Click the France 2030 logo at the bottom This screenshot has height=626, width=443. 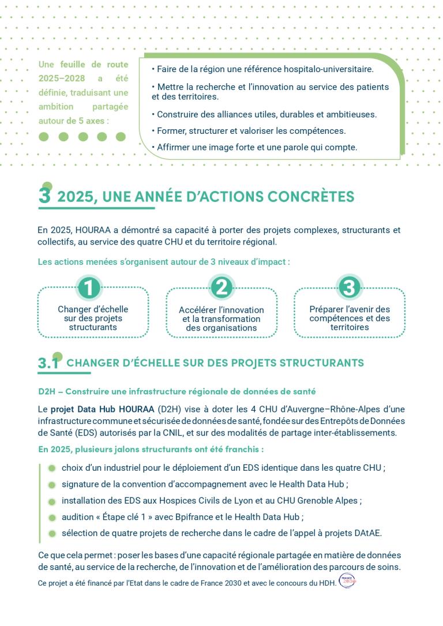pyautogui.click(x=347, y=581)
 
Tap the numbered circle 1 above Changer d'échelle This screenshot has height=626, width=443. pyautogui.click(x=89, y=287)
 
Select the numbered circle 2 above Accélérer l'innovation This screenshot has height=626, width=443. pyautogui.click(x=221, y=287)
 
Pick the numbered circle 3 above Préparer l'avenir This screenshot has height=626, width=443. pyautogui.click(x=350, y=287)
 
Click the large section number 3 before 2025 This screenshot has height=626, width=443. pyautogui.click(x=44, y=196)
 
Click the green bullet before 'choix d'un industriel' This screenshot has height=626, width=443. pyautogui.click(x=52, y=468)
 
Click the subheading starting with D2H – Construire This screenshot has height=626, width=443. pyautogui.click(x=177, y=391)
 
